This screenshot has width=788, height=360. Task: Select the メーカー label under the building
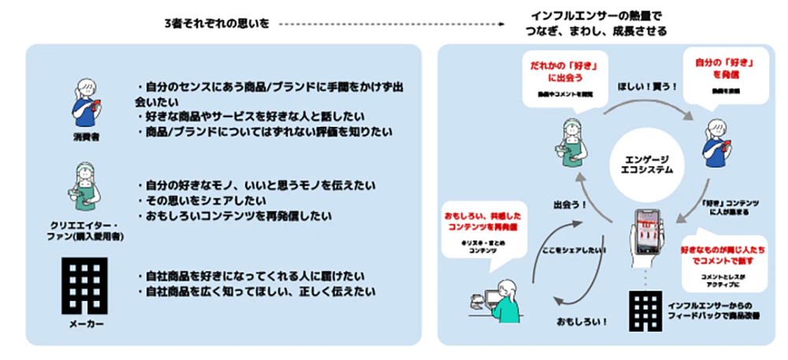point(83,324)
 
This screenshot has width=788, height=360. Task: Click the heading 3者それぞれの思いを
point(214,24)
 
